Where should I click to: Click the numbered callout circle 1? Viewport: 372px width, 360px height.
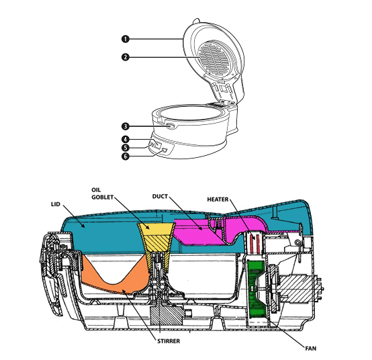[x=126, y=39]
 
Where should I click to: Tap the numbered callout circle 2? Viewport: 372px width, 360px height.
[x=126, y=57]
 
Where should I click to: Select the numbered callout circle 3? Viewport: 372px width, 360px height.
[x=126, y=126]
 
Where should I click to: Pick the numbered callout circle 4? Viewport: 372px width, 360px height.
[x=126, y=139]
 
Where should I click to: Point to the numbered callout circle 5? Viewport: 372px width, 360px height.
[x=126, y=148]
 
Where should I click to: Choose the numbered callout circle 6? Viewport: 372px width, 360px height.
[x=126, y=156]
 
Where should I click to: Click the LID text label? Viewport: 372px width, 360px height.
[x=56, y=204]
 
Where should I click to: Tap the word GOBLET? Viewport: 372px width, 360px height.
[x=103, y=197]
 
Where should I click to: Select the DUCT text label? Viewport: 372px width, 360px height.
[x=160, y=197]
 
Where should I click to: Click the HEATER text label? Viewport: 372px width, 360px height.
[x=218, y=199]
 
